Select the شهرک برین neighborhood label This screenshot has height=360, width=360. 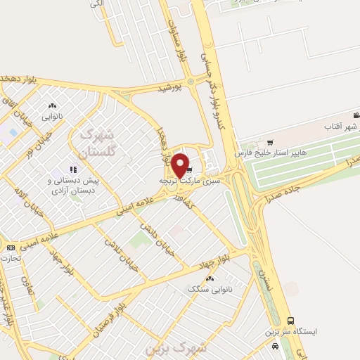tap(175, 347)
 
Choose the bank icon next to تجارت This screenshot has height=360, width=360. tap(11, 247)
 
